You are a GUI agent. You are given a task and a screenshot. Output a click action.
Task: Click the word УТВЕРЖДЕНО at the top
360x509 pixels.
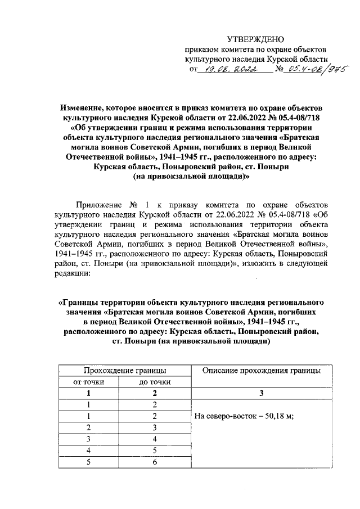pyautogui.click(x=256, y=39)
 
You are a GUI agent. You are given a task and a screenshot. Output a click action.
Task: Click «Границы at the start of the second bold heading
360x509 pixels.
pyautogui.click(x=79, y=303)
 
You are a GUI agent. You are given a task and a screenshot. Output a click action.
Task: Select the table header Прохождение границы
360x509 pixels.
pyautogui.click(x=124, y=370)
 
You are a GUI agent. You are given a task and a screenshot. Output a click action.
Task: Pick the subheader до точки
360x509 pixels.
pyautogui.click(x=155, y=382)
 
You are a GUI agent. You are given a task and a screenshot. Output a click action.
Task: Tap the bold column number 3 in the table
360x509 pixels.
pyautogui.click(x=262, y=394)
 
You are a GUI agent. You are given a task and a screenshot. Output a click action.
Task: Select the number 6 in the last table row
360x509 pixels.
pyautogui.click(x=155, y=462)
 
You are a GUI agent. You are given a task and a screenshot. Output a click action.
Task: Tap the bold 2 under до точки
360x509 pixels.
pyautogui.click(x=155, y=394)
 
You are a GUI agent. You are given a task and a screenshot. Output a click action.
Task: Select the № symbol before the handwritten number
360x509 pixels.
pyautogui.click(x=277, y=70)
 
